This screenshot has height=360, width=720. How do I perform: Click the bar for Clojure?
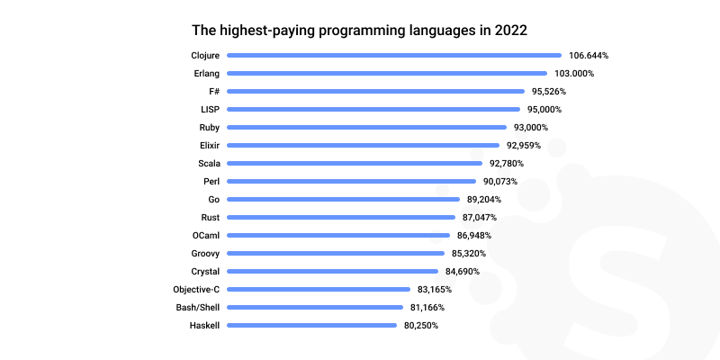[393, 55]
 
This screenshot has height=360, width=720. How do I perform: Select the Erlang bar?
[386, 73]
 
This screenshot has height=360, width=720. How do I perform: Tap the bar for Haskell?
[311, 325]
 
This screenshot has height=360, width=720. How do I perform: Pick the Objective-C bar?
[319, 289]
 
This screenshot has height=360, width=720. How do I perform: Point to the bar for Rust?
[341, 217]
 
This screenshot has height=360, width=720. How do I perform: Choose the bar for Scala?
[354, 163]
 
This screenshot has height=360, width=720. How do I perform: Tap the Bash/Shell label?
[198, 307]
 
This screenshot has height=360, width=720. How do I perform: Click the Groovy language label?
[205, 253]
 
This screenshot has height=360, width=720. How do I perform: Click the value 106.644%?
[588, 55]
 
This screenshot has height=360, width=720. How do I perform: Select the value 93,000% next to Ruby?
[531, 127]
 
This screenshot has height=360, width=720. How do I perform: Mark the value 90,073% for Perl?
[500, 181]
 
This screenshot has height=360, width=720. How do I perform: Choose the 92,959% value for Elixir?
[524, 145]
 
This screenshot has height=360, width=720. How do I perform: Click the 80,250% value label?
[421, 325]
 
